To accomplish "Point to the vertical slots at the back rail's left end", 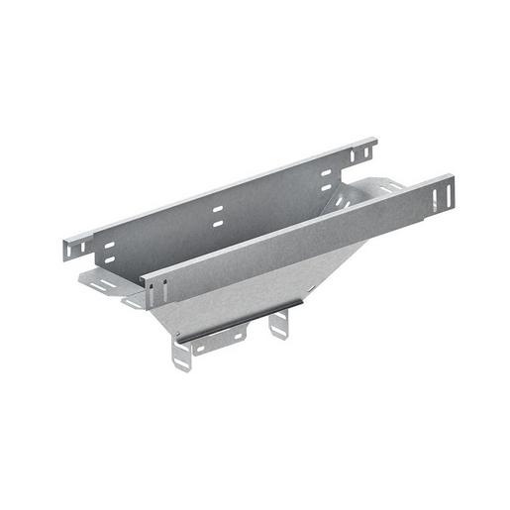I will (76, 244).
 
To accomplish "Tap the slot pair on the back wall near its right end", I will (325, 178).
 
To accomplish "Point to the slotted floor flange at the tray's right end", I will (391, 185).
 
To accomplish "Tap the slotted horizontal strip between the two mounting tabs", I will (220, 342).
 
